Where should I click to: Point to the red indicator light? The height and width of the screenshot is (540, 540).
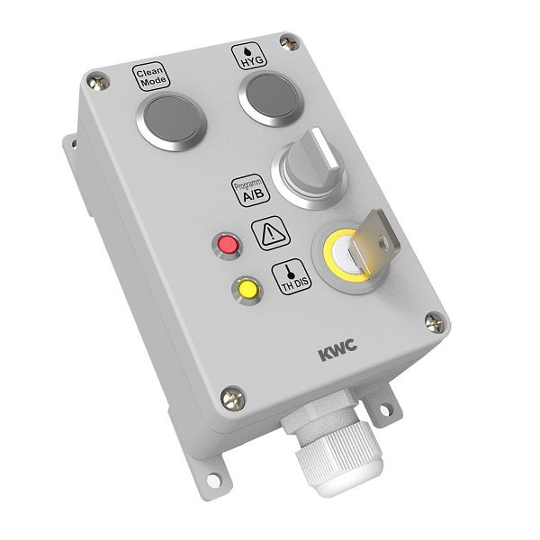tap(227, 244)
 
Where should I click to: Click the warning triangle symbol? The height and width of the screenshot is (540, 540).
tap(270, 234)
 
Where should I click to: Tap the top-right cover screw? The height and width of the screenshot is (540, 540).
tap(288, 40)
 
